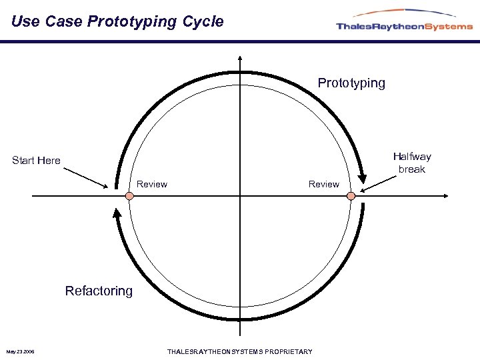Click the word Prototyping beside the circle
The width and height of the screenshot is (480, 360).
click(x=351, y=83)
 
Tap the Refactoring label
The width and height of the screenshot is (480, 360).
click(x=99, y=291)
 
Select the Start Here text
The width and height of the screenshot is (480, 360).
click(x=36, y=160)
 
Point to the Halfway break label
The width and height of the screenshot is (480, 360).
click(x=411, y=163)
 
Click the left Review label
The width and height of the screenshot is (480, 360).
click(x=152, y=184)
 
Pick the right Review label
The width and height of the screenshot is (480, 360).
click(x=323, y=184)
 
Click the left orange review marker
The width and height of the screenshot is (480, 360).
click(x=129, y=195)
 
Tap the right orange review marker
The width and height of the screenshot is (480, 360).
click(x=351, y=195)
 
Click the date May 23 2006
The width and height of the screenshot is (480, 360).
click(x=21, y=351)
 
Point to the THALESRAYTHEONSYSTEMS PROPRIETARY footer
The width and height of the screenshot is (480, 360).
click(x=239, y=351)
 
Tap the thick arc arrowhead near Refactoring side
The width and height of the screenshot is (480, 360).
click(x=117, y=215)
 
